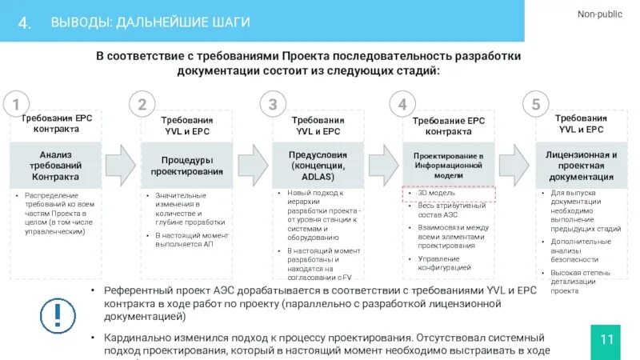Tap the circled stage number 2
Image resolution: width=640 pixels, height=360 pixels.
click(142, 104)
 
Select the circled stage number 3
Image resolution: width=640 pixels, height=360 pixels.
click(273, 104)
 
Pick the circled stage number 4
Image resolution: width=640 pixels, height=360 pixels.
click(402, 104)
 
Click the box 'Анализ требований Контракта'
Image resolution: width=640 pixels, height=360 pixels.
click(55, 165)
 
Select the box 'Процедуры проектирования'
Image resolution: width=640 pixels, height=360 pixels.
click(186, 165)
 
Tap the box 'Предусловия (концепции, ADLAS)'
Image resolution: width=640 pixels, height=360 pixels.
click(318, 165)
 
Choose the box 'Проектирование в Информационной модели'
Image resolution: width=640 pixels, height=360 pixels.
click(448, 165)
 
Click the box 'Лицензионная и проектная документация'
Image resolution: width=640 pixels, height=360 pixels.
click(581, 165)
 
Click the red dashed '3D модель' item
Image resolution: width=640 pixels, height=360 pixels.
click(448, 194)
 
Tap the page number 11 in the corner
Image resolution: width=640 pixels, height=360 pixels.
click(606, 339)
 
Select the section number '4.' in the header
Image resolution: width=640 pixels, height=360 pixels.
click(25, 22)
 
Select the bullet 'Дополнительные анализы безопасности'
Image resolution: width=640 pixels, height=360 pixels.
click(580, 250)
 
